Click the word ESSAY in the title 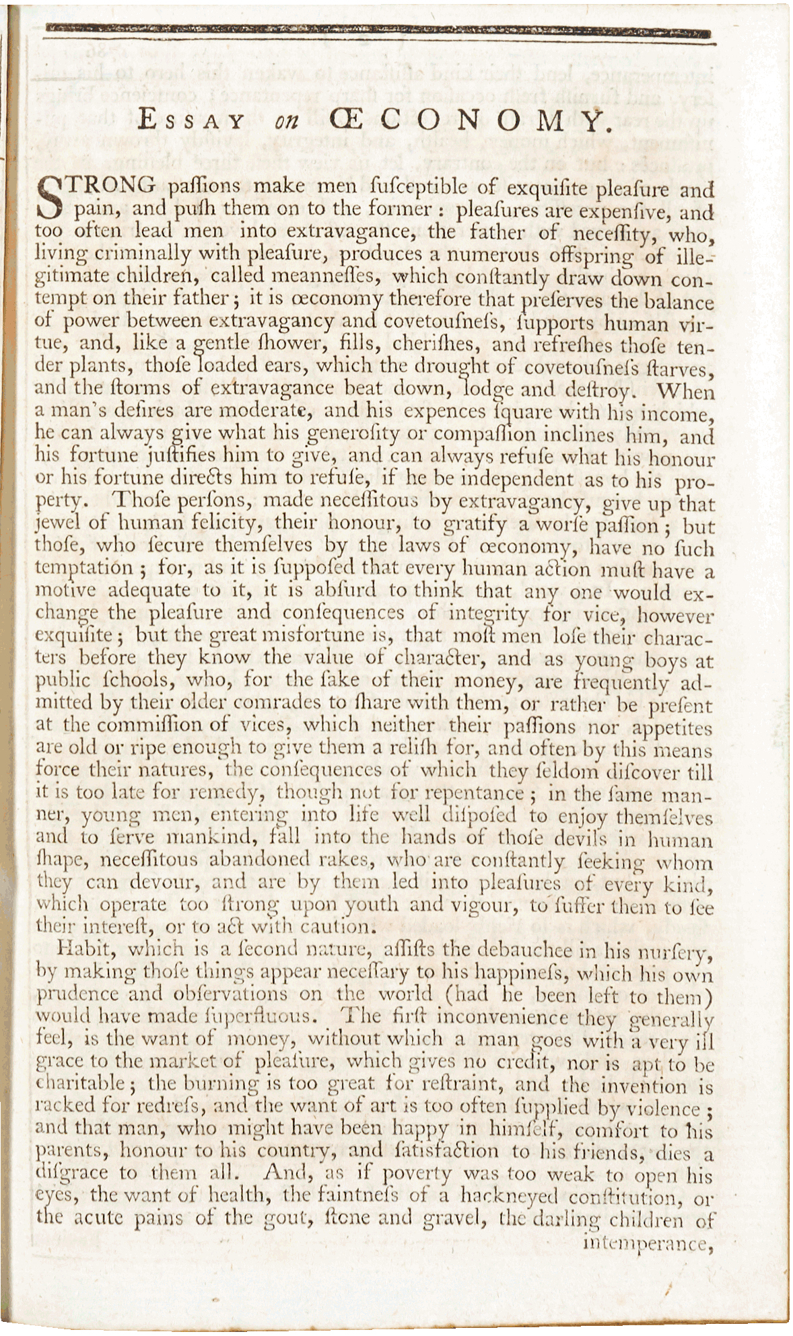[x=191, y=121]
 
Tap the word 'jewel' [x=56, y=523]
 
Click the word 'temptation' [x=84, y=569]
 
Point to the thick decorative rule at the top [x=377, y=32]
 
